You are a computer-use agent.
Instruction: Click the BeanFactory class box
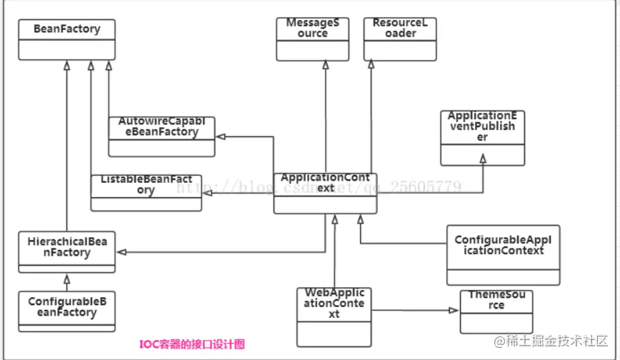coord(66,40)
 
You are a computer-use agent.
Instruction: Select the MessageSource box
coord(312,39)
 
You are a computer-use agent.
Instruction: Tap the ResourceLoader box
coord(399,39)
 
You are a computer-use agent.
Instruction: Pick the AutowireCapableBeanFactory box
coord(161,136)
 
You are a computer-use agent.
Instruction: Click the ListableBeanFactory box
coord(146,192)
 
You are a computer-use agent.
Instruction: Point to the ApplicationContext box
coord(325,193)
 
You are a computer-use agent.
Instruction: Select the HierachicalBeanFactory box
coord(66,252)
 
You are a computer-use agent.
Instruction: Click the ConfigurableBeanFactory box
coord(66,311)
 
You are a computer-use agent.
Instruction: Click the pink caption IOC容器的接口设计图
coord(191,344)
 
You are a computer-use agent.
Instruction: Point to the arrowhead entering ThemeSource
coord(454,310)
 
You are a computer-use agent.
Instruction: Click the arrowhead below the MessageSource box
coord(325,65)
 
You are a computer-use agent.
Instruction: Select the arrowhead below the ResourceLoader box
coord(371,65)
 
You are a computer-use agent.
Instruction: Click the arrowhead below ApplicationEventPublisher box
coord(483,159)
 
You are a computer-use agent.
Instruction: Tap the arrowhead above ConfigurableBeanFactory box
coord(66,278)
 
